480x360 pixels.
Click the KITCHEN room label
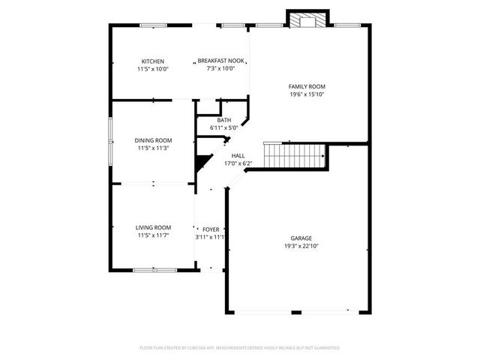coord(153,61)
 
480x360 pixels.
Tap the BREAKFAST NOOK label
coord(221,61)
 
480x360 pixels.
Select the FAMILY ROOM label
coord(307,87)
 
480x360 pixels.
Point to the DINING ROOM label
coord(153,140)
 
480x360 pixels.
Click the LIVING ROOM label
coord(153,228)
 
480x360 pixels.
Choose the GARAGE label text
coord(301,238)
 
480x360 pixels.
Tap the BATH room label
coord(224,121)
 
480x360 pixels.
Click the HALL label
coord(238,155)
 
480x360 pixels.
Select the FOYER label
coord(211,229)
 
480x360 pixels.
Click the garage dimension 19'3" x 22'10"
coord(301,246)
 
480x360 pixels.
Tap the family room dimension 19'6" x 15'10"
coord(307,94)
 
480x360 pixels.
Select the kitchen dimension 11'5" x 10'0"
coord(153,69)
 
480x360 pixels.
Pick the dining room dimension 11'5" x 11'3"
coord(153,148)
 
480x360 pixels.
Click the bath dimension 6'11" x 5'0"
coord(224,128)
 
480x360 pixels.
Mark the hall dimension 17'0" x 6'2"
coord(238,163)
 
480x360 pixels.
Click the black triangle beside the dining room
coord(201,161)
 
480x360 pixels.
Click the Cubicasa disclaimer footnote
coord(240,348)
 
